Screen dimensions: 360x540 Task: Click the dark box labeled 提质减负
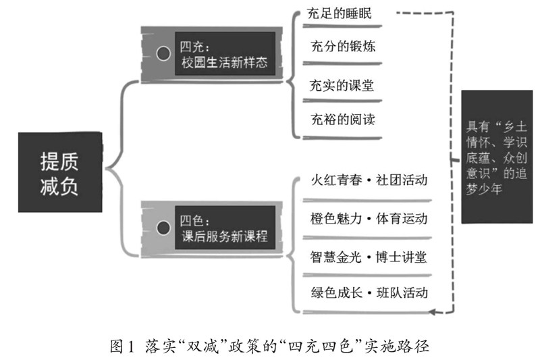click(x=59, y=170)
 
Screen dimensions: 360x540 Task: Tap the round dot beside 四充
click(x=162, y=53)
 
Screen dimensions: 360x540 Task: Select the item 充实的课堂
click(x=342, y=86)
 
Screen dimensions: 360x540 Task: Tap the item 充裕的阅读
click(x=342, y=120)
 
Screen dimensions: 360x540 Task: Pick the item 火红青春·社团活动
click(x=369, y=182)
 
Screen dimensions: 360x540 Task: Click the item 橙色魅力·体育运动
click(x=369, y=220)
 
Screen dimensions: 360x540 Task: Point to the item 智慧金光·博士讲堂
click(x=369, y=257)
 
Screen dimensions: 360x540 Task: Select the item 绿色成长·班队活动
click(x=369, y=294)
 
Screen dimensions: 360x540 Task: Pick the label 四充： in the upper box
click(x=194, y=48)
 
